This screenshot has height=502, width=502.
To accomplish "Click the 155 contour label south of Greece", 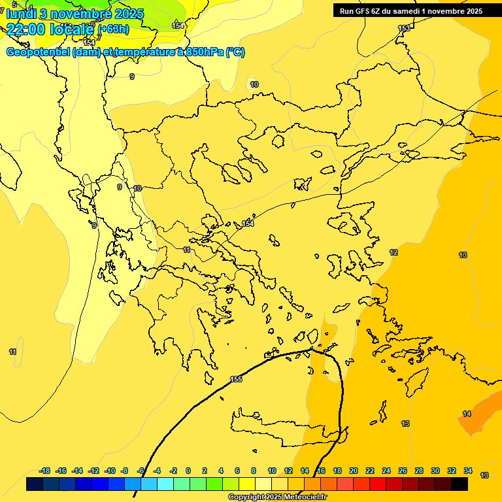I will [x=236, y=379].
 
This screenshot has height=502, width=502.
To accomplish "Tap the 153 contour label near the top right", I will [x=404, y=28].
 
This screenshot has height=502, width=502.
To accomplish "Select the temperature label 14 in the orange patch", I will [x=467, y=414].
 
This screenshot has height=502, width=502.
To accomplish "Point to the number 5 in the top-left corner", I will [x=14, y=4].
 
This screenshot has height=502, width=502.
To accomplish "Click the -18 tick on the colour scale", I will [x=45, y=471].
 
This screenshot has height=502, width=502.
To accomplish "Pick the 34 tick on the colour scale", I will [x=468, y=471].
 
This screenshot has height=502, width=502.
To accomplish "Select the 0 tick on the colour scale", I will [x=188, y=471].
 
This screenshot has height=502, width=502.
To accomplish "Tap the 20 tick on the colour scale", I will [x=354, y=471].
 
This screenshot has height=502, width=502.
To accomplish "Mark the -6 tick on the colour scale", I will [x=140, y=471].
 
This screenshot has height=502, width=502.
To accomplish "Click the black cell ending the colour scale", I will [x=460, y=484].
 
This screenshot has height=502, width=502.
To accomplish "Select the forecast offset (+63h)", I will [x=113, y=29].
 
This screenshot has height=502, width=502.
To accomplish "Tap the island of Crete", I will [x=281, y=431].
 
